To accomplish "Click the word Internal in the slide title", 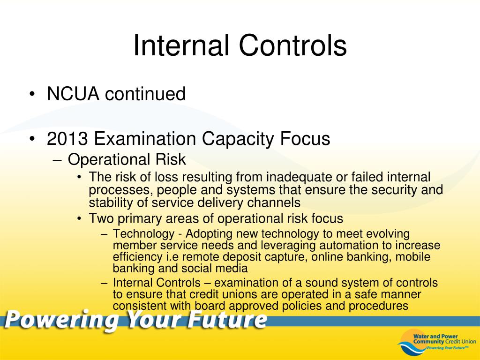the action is [x=181, y=45].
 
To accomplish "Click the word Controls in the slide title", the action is [x=292, y=45].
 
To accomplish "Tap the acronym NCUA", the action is [x=73, y=94].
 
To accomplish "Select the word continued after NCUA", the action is [x=145, y=94].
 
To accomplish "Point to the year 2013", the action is [x=67, y=139].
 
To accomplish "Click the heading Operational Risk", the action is [x=127, y=160].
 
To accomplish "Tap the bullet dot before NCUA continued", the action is [x=32, y=94].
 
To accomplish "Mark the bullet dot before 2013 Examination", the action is [x=32, y=139].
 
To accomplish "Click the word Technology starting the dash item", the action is [x=143, y=234].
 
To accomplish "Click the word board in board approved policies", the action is [x=210, y=306].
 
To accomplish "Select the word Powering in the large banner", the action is [x=61, y=320].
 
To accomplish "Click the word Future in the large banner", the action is [x=227, y=319].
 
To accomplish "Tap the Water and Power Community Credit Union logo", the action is [x=437, y=342].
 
